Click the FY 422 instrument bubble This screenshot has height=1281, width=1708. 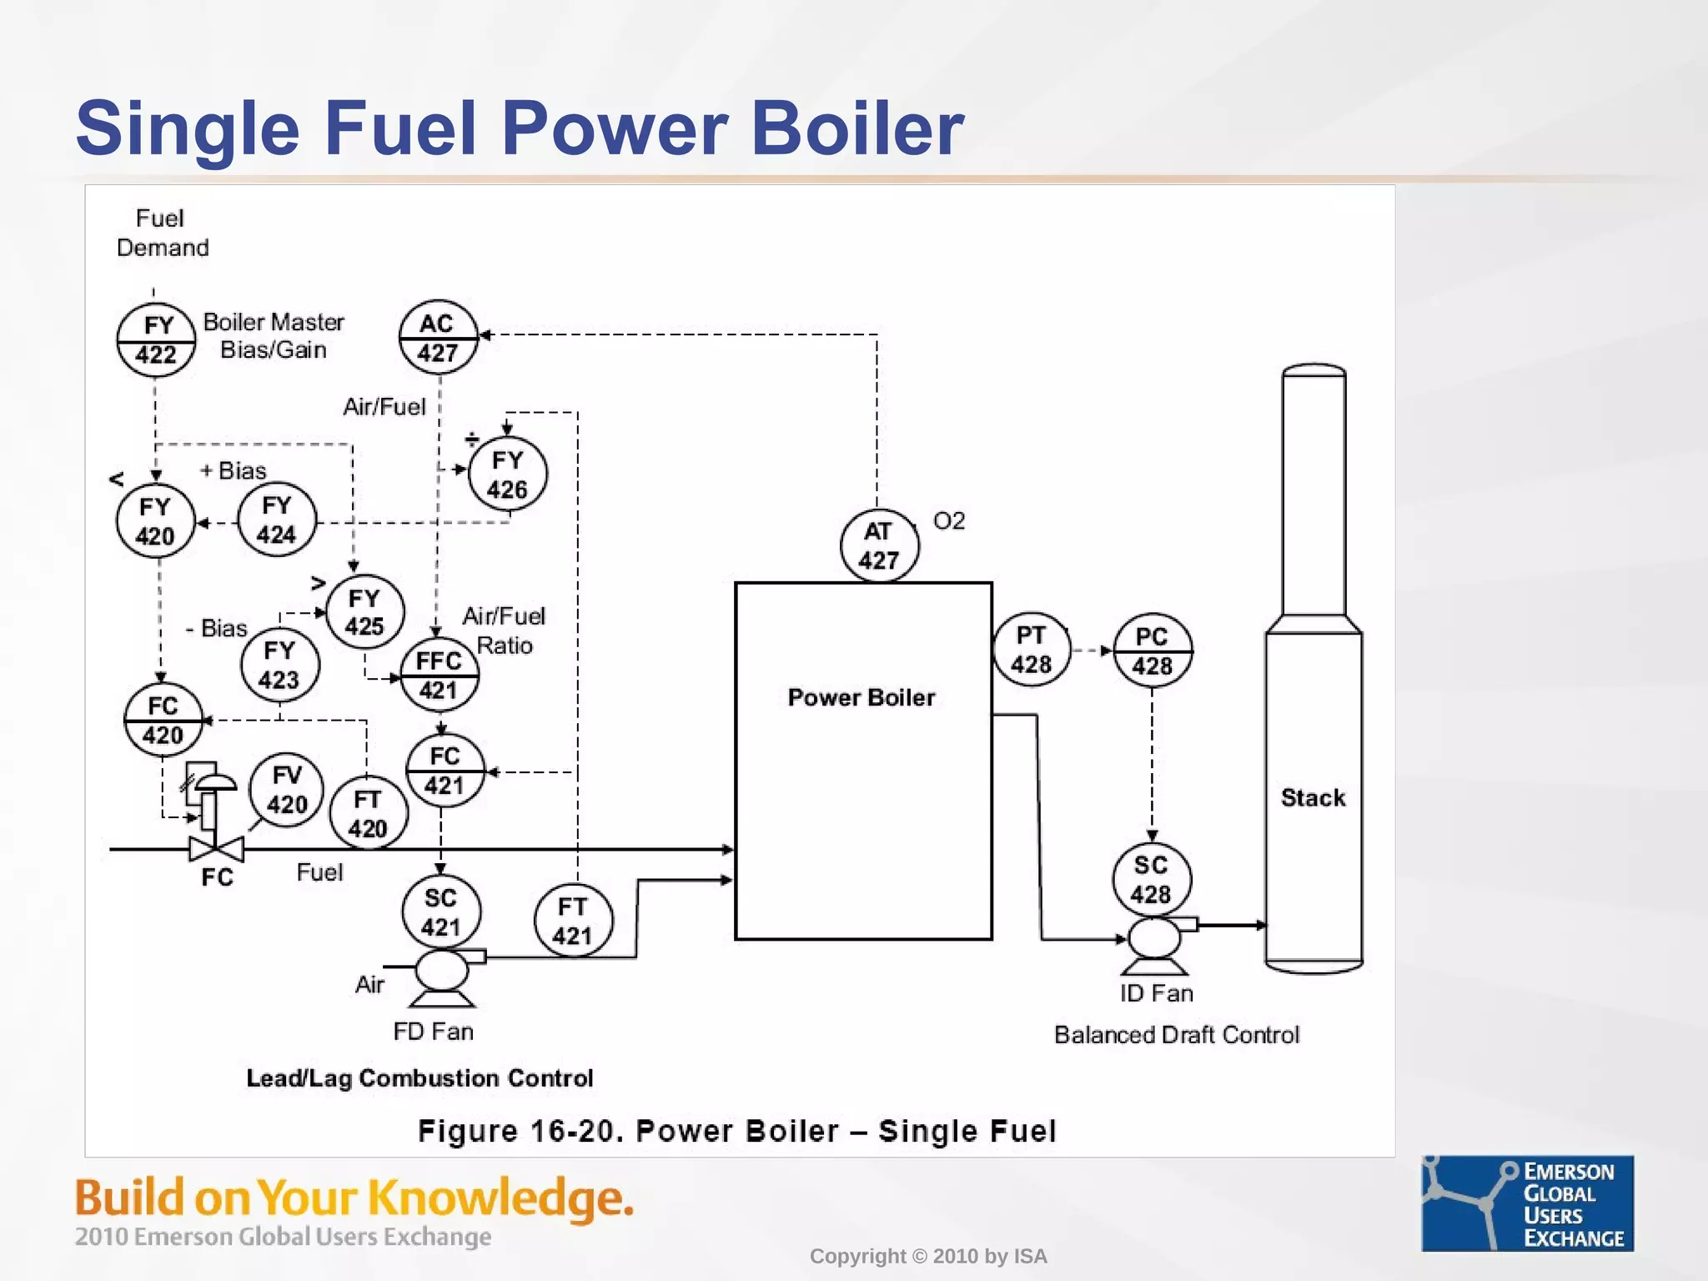tap(156, 339)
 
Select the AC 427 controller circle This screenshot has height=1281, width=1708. tap(438, 337)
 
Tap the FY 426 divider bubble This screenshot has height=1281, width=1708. tap(508, 474)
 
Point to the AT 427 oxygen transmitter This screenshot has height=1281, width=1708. tap(879, 545)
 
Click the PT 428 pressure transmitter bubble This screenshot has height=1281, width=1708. tap(1032, 650)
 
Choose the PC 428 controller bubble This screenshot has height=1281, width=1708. tap(1153, 651)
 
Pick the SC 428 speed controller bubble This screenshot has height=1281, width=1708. tap(1152, 879)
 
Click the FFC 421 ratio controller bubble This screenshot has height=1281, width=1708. tap(439, 675)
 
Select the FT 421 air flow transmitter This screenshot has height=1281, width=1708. tap(573, 921)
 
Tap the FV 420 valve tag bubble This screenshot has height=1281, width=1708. tap(287, 790)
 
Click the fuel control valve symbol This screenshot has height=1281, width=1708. tap(216, 849)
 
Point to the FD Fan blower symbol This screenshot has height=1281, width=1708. tap(443, 973)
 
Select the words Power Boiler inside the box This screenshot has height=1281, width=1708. tap(862, 697)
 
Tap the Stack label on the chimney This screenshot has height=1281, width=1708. tap(1313, 798)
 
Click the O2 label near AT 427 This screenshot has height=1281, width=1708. tap(949, 521)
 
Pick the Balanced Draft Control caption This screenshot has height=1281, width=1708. tap(1176, 1035)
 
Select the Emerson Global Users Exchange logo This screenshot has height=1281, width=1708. tap(1527, 1203)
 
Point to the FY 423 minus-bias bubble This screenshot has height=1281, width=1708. tap(279, 665)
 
